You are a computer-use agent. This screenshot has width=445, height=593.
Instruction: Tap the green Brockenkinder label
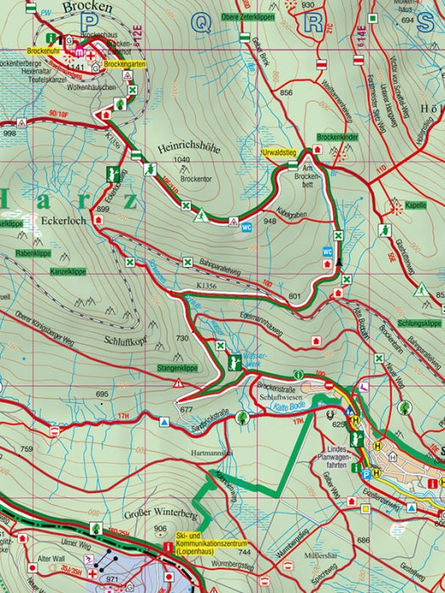pos(336,136)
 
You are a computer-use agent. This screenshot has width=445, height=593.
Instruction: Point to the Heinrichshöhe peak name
pos(188,147)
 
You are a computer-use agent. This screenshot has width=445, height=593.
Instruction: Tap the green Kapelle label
pos(415,205)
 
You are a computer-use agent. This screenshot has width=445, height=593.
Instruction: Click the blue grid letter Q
pos(203,23)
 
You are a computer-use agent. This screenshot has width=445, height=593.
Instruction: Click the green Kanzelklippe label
pos(43,272)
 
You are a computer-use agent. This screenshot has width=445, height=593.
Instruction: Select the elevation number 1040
pos(180,159)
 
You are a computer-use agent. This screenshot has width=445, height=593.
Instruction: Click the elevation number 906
pos(161,529)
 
